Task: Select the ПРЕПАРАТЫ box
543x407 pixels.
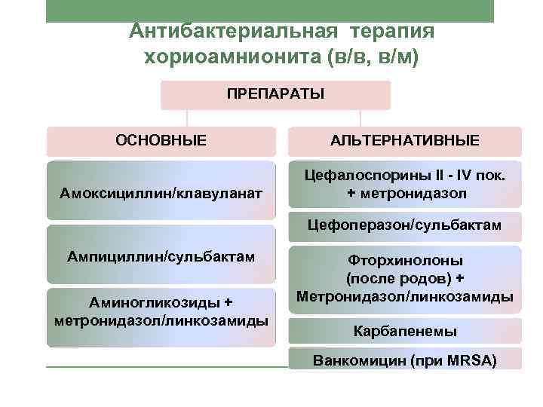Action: click(x=276, y=96)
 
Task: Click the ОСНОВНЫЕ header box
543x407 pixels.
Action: click(x=161, y=141)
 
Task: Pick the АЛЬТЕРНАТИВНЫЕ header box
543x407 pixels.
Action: click(x=404, y=141)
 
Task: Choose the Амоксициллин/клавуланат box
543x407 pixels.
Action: click(x=161, y=194)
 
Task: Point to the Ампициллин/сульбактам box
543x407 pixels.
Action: click(x=161, y=256)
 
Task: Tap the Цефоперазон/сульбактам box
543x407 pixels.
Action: click(x=404, y=225)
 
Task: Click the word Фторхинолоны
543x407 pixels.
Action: click(x=404, y=260)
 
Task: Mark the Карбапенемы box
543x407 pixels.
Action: click(x=404, y=330)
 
